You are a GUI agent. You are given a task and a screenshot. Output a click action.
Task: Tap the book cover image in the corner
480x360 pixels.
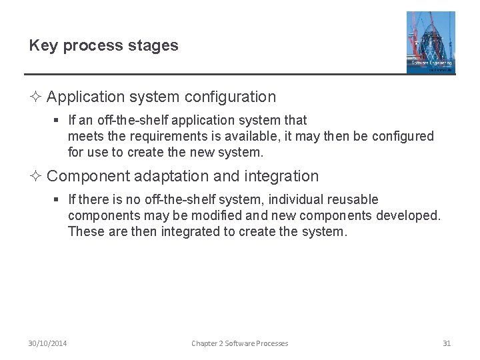(x=431, y=42)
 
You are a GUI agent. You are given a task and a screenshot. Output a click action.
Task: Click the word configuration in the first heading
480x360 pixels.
(x=230, y=97)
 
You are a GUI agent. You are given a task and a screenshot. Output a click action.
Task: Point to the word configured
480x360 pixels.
(x=401, y=137)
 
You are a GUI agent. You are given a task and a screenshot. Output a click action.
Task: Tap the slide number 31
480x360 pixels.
(x=447, y=343)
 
